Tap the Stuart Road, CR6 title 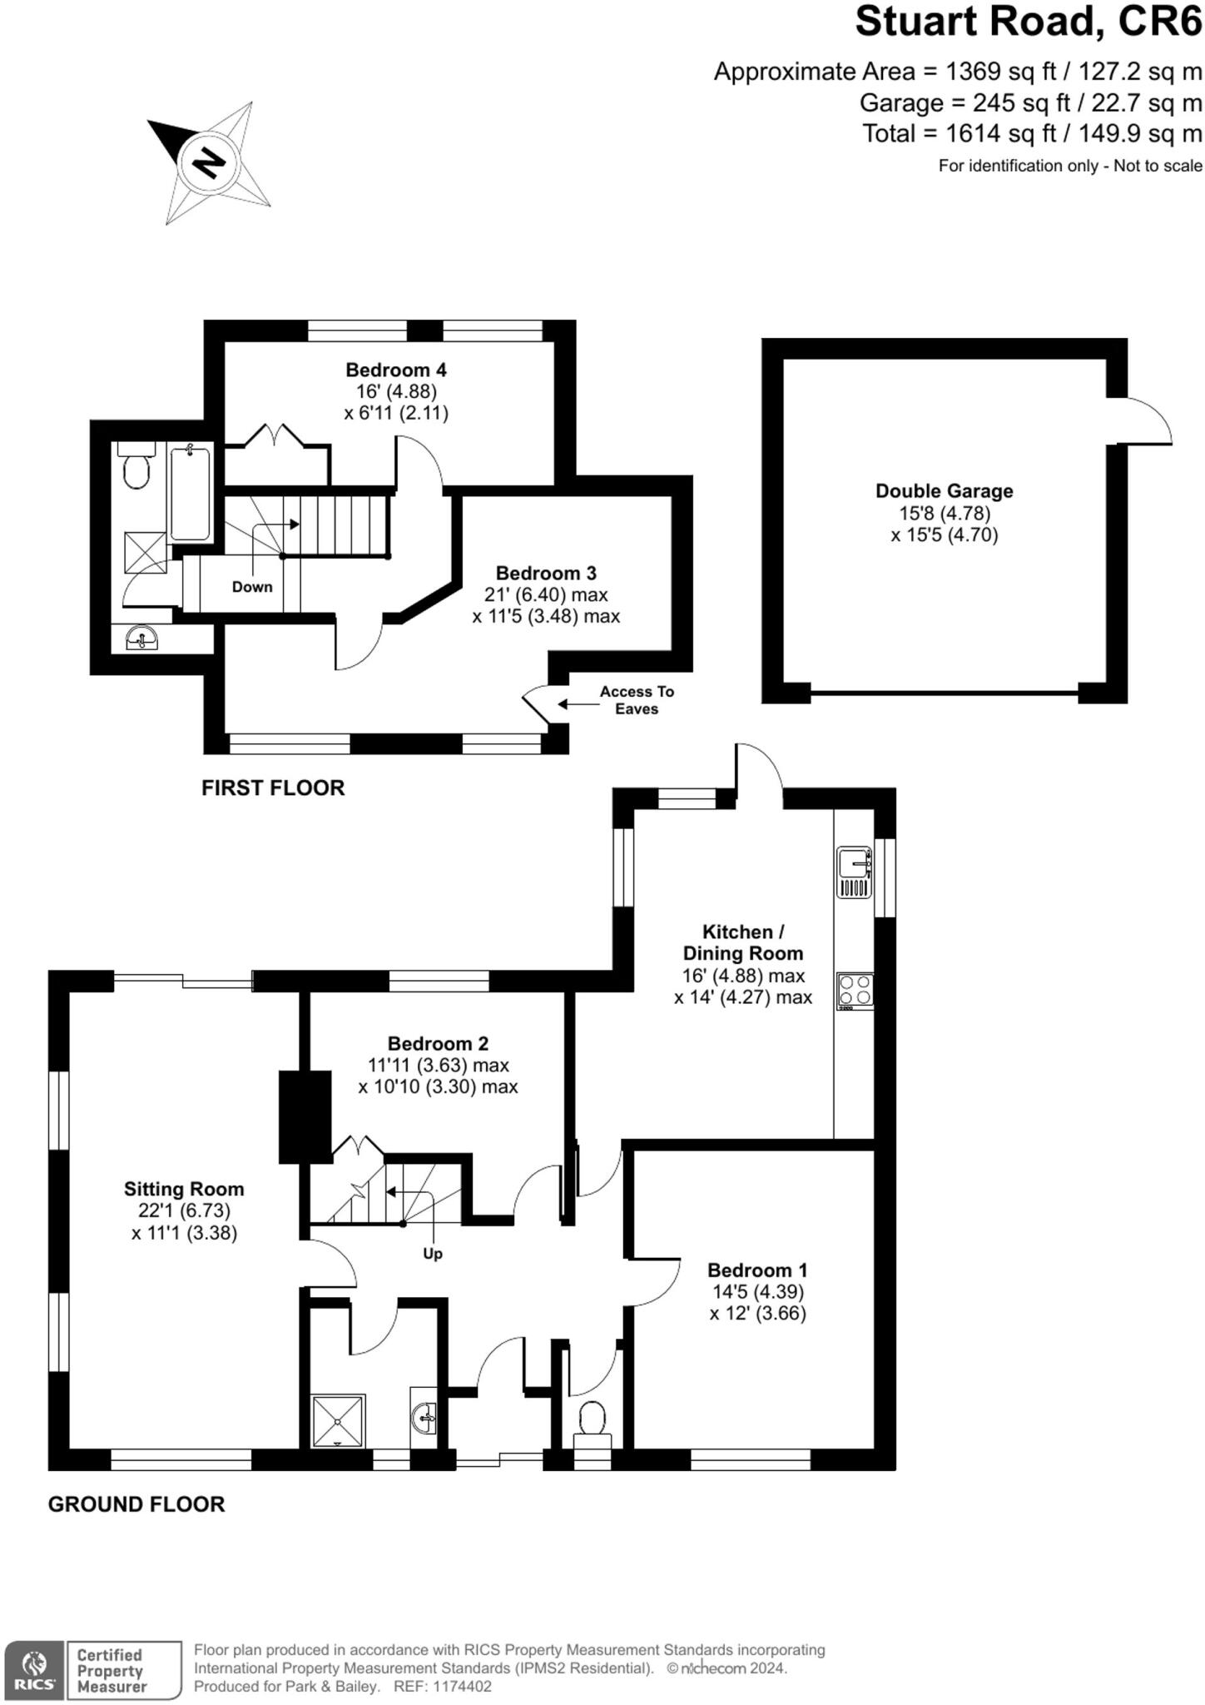1028,22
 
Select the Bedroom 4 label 396,370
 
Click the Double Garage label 944,491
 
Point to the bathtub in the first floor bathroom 191,492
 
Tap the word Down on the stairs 252,587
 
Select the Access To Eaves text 637,700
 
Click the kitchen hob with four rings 855,991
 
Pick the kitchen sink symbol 854,872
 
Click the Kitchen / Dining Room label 742,942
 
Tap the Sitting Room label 184,1190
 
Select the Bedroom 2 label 438,1044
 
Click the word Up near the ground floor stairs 433,1254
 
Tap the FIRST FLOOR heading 273,788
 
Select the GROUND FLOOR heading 136,1504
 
